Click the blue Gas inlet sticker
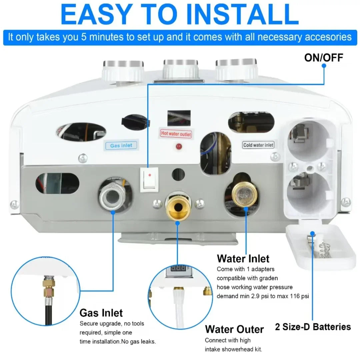(121, 145)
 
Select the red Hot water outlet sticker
(176, 133)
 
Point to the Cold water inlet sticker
(258, 145)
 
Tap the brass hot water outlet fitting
(178, 206)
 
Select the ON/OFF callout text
(323, 57)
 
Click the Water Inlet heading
(243, 258)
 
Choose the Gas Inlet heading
(101, 313)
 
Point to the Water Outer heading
(234, 329)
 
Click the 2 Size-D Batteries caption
(313, 327)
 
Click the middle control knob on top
(180, 69)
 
